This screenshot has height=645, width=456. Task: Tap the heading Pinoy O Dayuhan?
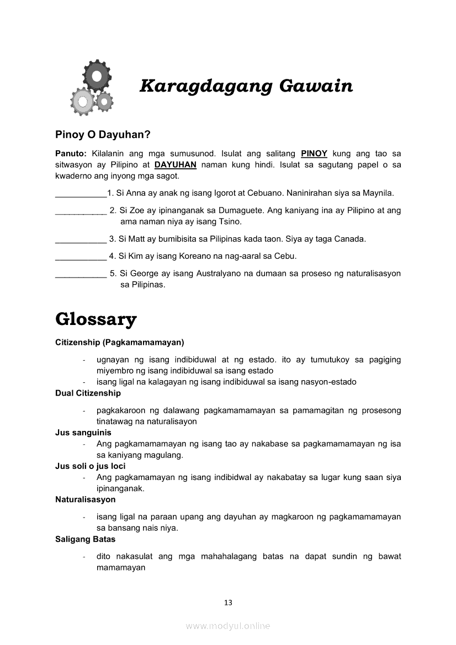[x=103, y=134]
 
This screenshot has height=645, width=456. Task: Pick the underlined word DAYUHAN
[x=176, y=164]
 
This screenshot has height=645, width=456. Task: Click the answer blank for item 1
[x=81, y=194]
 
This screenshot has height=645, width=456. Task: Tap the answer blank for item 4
[x=81, y=257]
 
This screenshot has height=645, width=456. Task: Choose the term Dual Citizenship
[x=88, y=393]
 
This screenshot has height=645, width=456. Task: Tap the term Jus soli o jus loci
[x=90, y=466]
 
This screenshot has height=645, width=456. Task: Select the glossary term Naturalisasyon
[x=86, y=499]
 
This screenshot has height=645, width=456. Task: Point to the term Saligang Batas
[x=86, y=539]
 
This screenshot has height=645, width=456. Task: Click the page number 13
[x=228, y=603]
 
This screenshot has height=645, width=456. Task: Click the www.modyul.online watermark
[x=228, y=626]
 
